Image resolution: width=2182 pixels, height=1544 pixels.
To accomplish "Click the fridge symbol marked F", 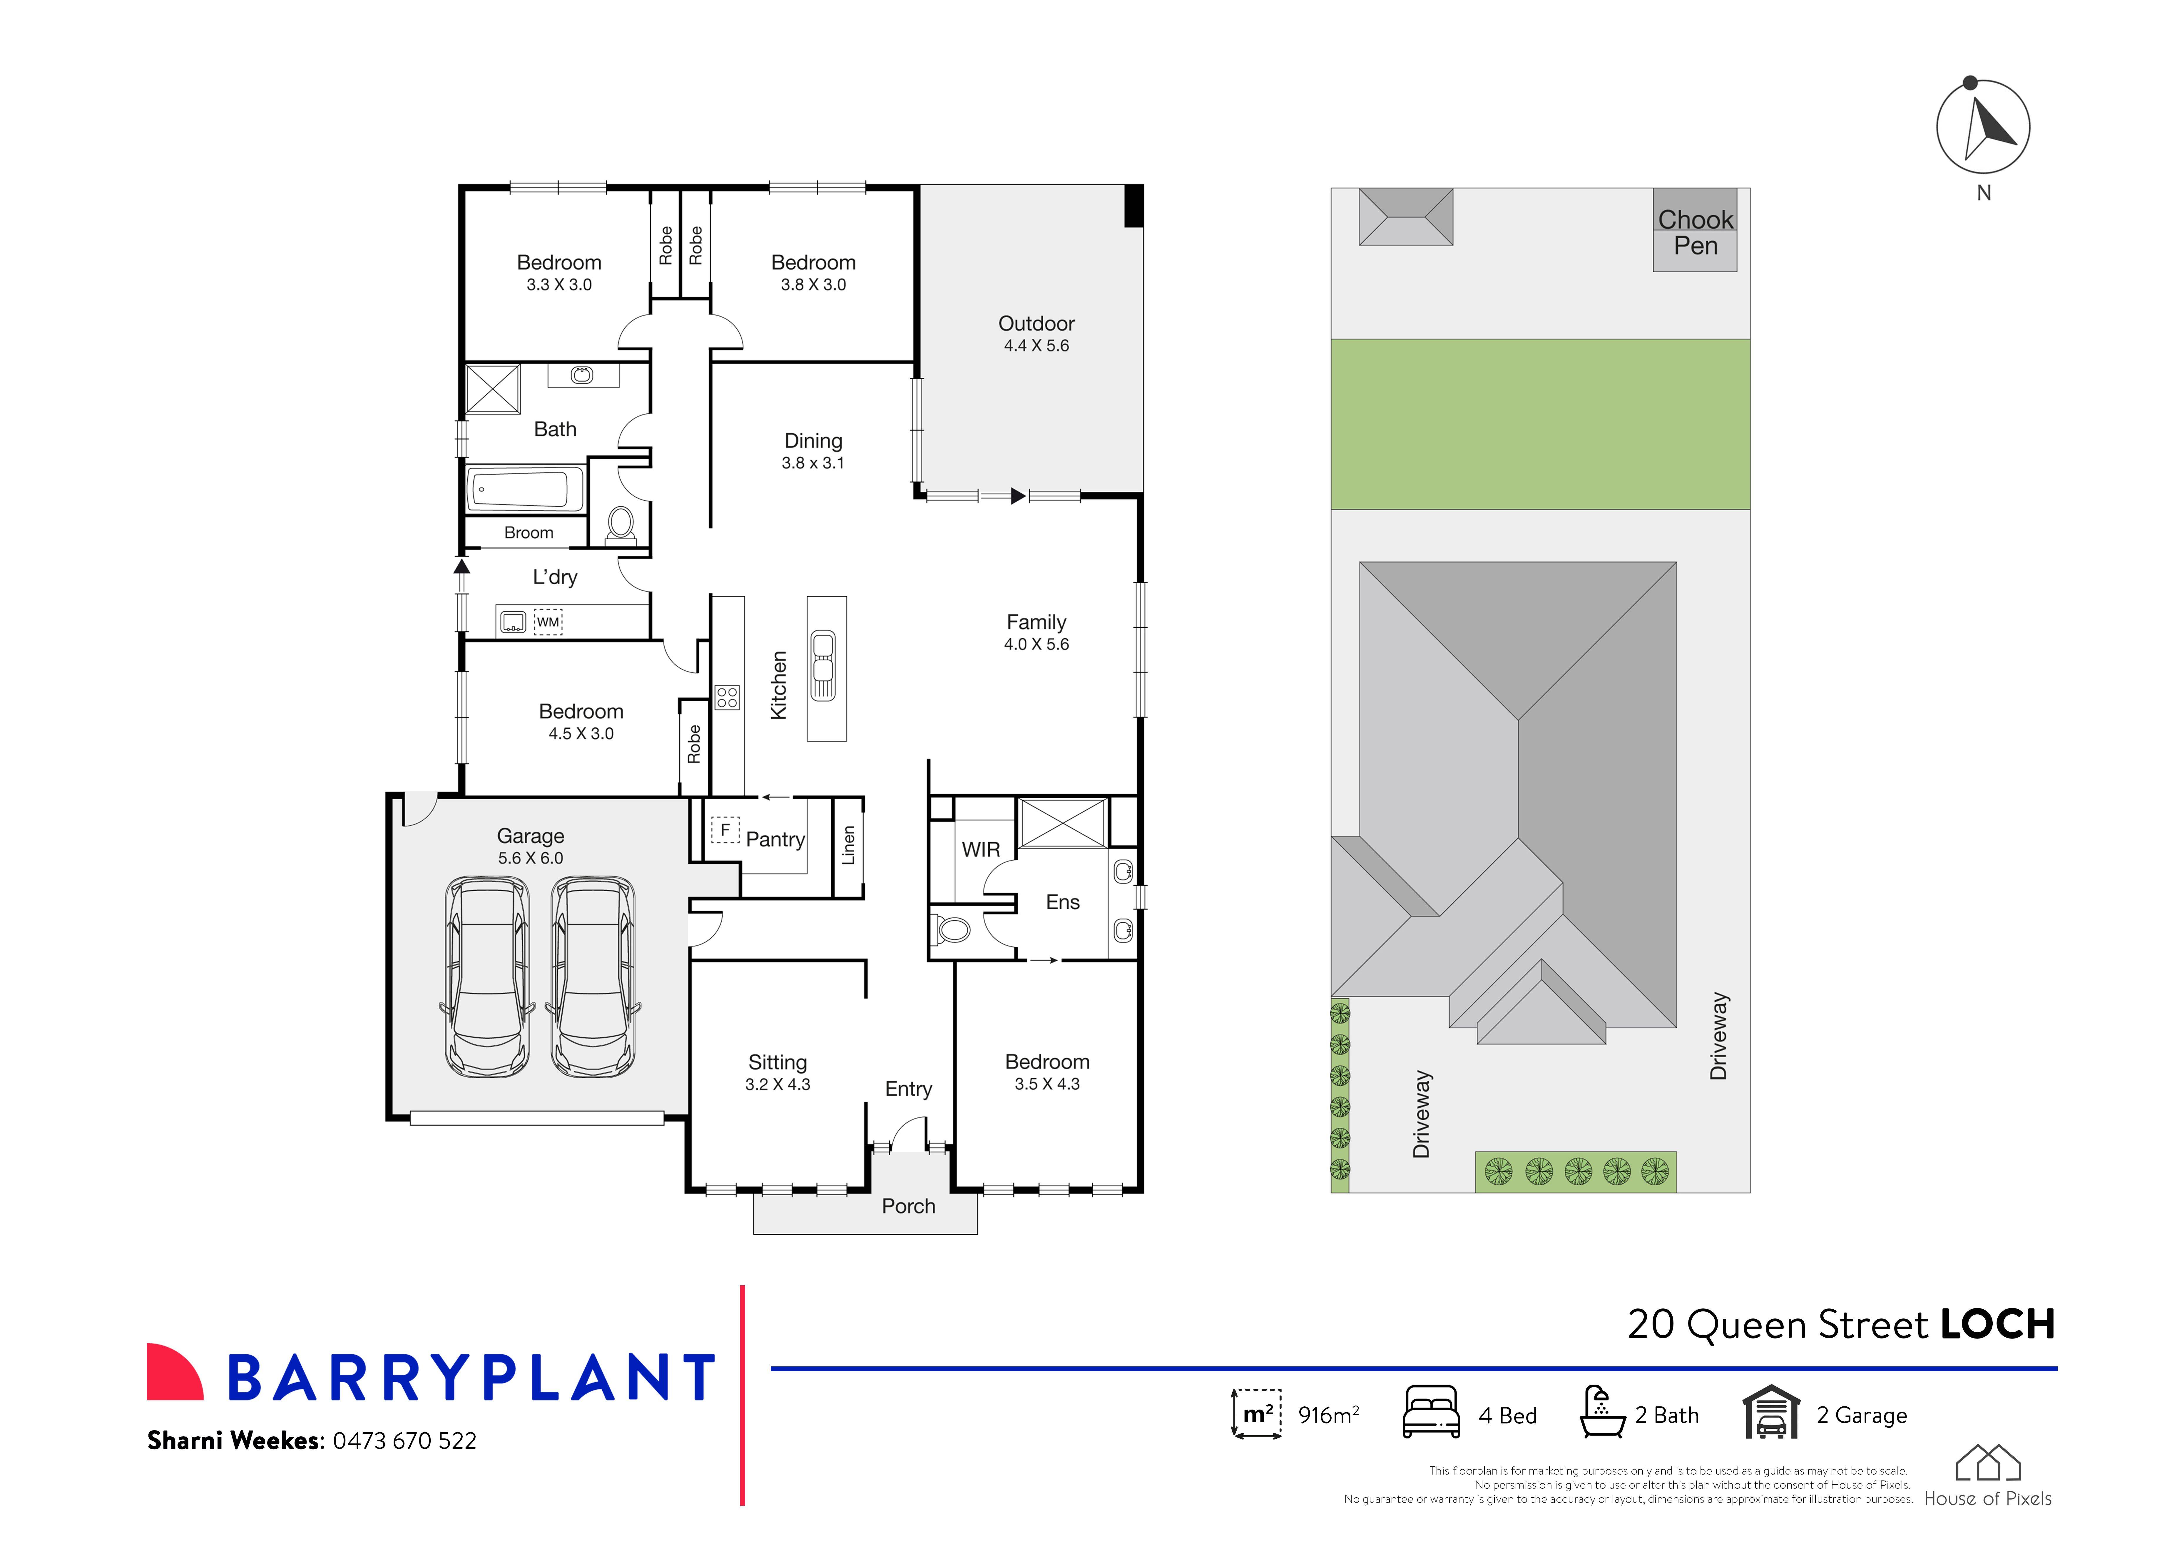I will (x=725, y=830).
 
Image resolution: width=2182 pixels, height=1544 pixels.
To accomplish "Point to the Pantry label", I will (x=775, y=839).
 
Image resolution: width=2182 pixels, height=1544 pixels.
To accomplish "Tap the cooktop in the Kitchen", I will (x=727, y=698).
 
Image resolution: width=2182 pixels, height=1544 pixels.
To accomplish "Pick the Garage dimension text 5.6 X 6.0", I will (x=530, y=859).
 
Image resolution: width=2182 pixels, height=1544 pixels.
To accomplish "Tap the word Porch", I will (x=909, y=1206).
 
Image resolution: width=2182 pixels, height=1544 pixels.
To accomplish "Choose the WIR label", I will (x=981, y=850).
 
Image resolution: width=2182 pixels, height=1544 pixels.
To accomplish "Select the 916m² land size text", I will (x=1328, y=1416).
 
